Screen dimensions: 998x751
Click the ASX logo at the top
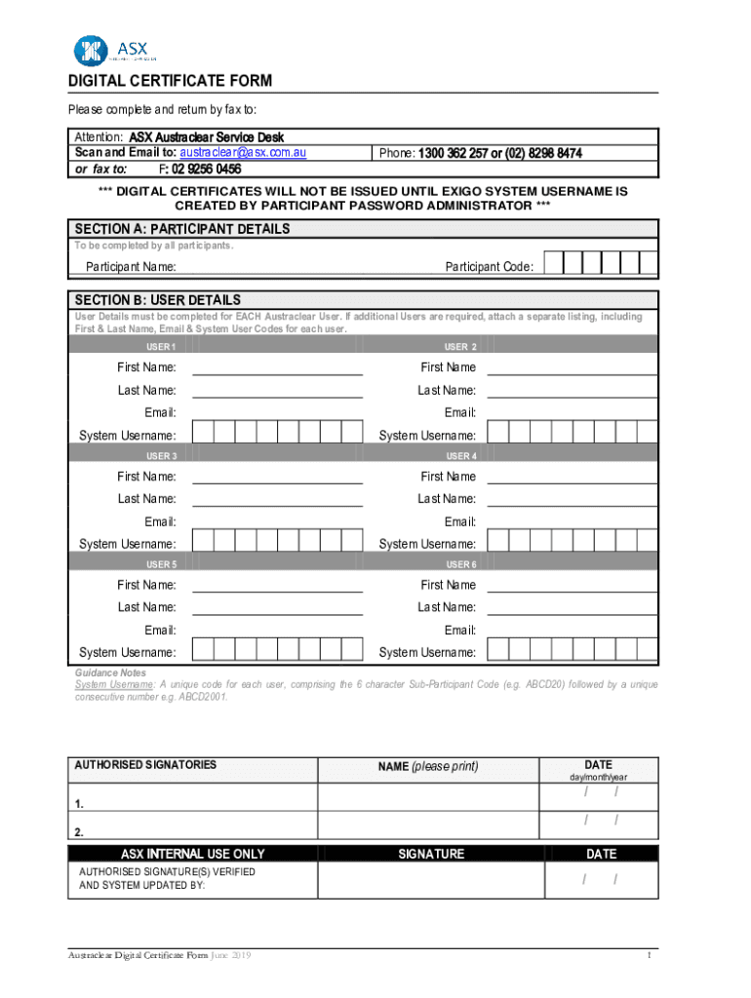(110, 50)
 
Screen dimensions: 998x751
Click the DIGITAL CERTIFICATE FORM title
(170, 81)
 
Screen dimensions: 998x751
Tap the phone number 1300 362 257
(454, 154)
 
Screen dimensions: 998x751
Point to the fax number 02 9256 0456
(207, 169)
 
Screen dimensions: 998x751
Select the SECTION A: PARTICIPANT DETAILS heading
(182, 229)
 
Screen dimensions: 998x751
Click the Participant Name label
(131, 267)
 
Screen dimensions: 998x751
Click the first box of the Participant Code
(553, 263)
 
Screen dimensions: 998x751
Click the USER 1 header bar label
(161, 347)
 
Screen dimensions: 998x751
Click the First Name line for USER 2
(572, 367)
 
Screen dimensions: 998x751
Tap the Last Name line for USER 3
(277, 499)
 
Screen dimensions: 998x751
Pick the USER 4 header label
(461, 455)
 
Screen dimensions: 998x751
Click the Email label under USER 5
(160, 631)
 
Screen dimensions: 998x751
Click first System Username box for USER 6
(497, 650)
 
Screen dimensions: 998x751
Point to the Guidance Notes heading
(110, 673)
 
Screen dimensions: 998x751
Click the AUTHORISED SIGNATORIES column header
(146, 765)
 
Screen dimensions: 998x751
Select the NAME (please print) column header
(428, 767)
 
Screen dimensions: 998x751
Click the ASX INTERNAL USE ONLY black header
(192, 854)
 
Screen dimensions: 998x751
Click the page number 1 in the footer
(648, 955)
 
